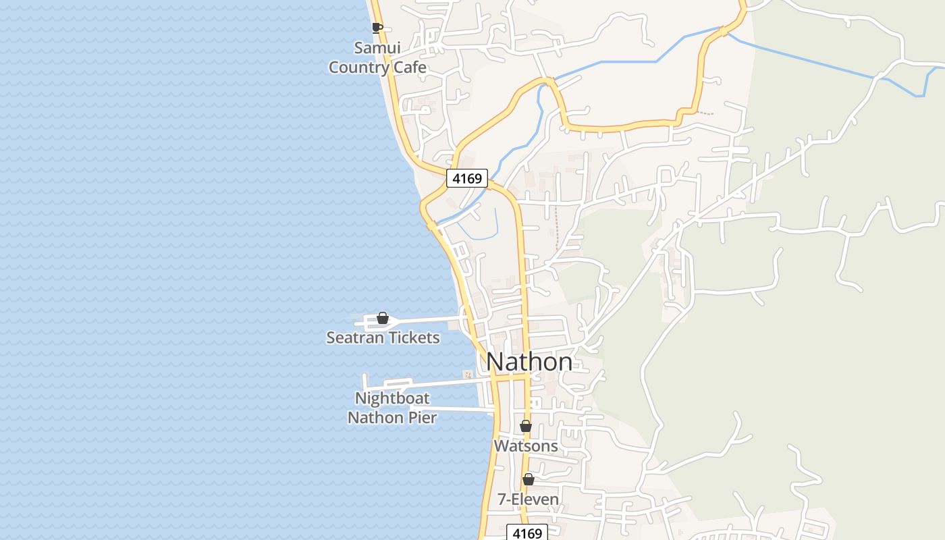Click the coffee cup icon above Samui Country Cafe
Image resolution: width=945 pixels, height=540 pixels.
click(377, 28)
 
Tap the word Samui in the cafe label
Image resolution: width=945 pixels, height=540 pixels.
click(377, 48)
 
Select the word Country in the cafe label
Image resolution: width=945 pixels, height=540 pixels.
click(358, 67)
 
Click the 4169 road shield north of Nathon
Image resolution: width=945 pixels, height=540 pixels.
click(466, 178)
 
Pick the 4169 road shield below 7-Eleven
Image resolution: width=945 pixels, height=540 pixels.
click(527, 533)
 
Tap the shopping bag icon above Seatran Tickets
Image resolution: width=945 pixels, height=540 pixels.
click(383, 318)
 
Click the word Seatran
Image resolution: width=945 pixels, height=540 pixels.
click(354, 337)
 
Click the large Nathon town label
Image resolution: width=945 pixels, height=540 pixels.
click(529, 362)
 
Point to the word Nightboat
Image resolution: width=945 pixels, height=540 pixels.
click(392, 398)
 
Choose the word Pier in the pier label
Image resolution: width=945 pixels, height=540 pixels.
click(423, 417)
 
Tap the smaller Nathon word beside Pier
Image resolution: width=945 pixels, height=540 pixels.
click(375, 417)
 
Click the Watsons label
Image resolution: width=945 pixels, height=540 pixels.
click(526, 446)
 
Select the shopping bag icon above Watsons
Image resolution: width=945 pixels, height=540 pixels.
click(526, 426)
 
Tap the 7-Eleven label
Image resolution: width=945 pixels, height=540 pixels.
click(528, 500)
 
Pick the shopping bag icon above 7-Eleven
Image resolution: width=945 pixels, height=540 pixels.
click(529, 479)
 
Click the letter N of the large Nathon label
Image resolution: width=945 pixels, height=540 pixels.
click(495, 362)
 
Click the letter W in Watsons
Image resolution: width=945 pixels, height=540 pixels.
click(500, 446)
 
